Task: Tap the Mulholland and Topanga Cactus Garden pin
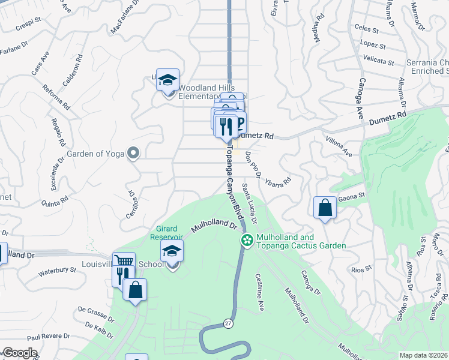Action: point(246,240)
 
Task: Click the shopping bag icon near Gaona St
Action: point(325,208)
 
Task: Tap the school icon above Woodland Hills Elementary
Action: point(168,79)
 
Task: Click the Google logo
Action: point(19,353)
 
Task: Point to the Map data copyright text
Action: point(423,355)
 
